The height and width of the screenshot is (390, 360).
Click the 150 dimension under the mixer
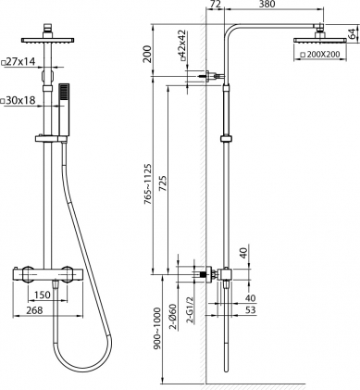click(x=41, y=296)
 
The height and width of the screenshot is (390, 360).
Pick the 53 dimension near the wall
click(x=251, y=310)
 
